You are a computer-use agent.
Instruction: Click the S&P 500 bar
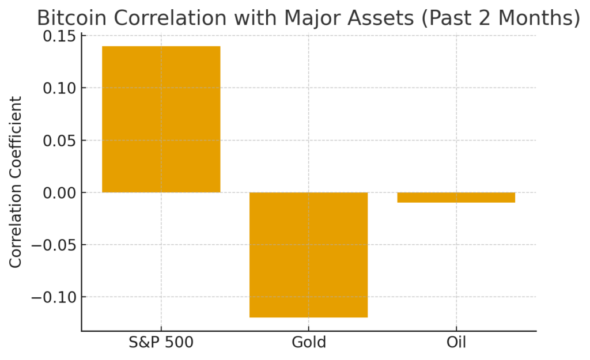pos(161,119)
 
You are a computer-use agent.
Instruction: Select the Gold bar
pos(309,255)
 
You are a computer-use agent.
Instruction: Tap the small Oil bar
pos(456,198)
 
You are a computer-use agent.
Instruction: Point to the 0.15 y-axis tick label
pos(59,36)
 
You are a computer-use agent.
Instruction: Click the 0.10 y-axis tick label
pos(59,88)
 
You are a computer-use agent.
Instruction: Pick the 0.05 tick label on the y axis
pos(59,141)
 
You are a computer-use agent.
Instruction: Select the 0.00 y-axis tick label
pos(59,193)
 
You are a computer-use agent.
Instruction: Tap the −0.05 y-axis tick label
pos(54,245)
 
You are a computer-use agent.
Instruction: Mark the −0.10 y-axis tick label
pos(54,298)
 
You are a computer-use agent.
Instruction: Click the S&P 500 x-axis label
pos(161,342)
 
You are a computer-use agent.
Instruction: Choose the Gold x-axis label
pos(309,342)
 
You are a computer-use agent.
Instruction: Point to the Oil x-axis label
pos(456,342)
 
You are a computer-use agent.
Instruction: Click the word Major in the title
pos(312,18)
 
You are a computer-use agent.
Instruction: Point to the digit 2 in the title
pos(485,18)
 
